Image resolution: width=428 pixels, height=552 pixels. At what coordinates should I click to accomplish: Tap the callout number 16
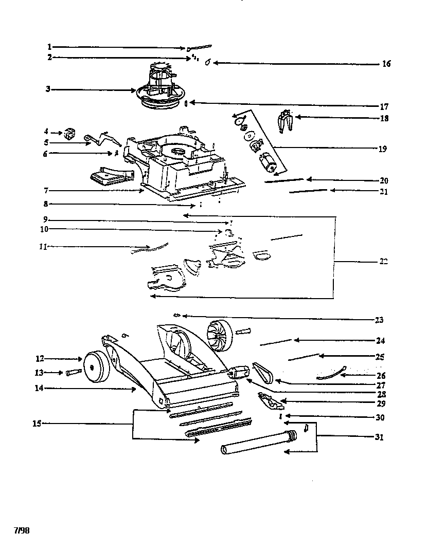tap(386, 64)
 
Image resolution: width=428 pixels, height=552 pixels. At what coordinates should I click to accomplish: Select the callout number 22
tap(383, 262)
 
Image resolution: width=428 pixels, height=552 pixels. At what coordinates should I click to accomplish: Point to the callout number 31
tap(380, 437)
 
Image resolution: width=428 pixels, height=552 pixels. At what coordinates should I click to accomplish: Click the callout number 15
tap(35, 424)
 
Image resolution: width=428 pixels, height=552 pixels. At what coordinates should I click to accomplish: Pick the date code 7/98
tap(22, 530)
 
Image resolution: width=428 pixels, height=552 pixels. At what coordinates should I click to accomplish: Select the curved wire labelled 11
tap(149, 249)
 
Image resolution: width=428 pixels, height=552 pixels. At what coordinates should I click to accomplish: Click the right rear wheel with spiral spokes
tap(220, 335)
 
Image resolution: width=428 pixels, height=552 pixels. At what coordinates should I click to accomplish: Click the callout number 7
tap(46, 191)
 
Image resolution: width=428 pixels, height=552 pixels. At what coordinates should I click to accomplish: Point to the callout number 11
tap(43, 247)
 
